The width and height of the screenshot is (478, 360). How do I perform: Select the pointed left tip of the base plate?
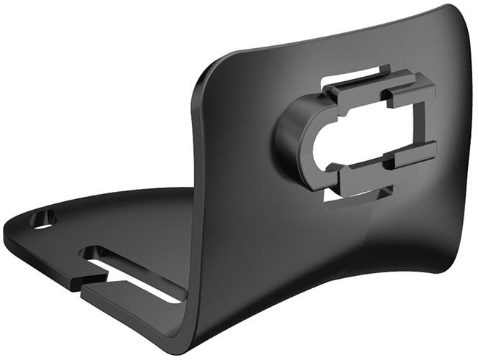7,232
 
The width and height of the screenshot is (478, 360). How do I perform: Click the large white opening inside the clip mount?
367,134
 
